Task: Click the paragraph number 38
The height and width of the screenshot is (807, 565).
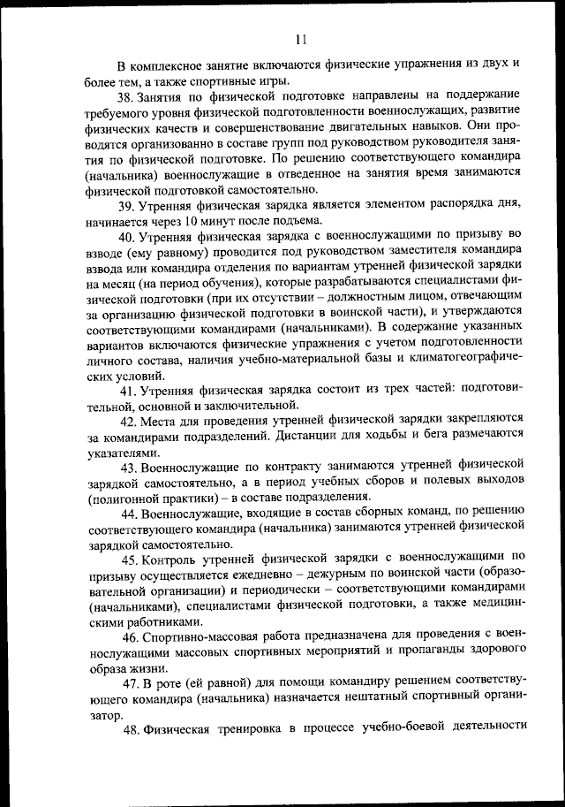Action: [127, 96]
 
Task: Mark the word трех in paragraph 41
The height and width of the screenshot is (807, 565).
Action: [365, 390]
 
